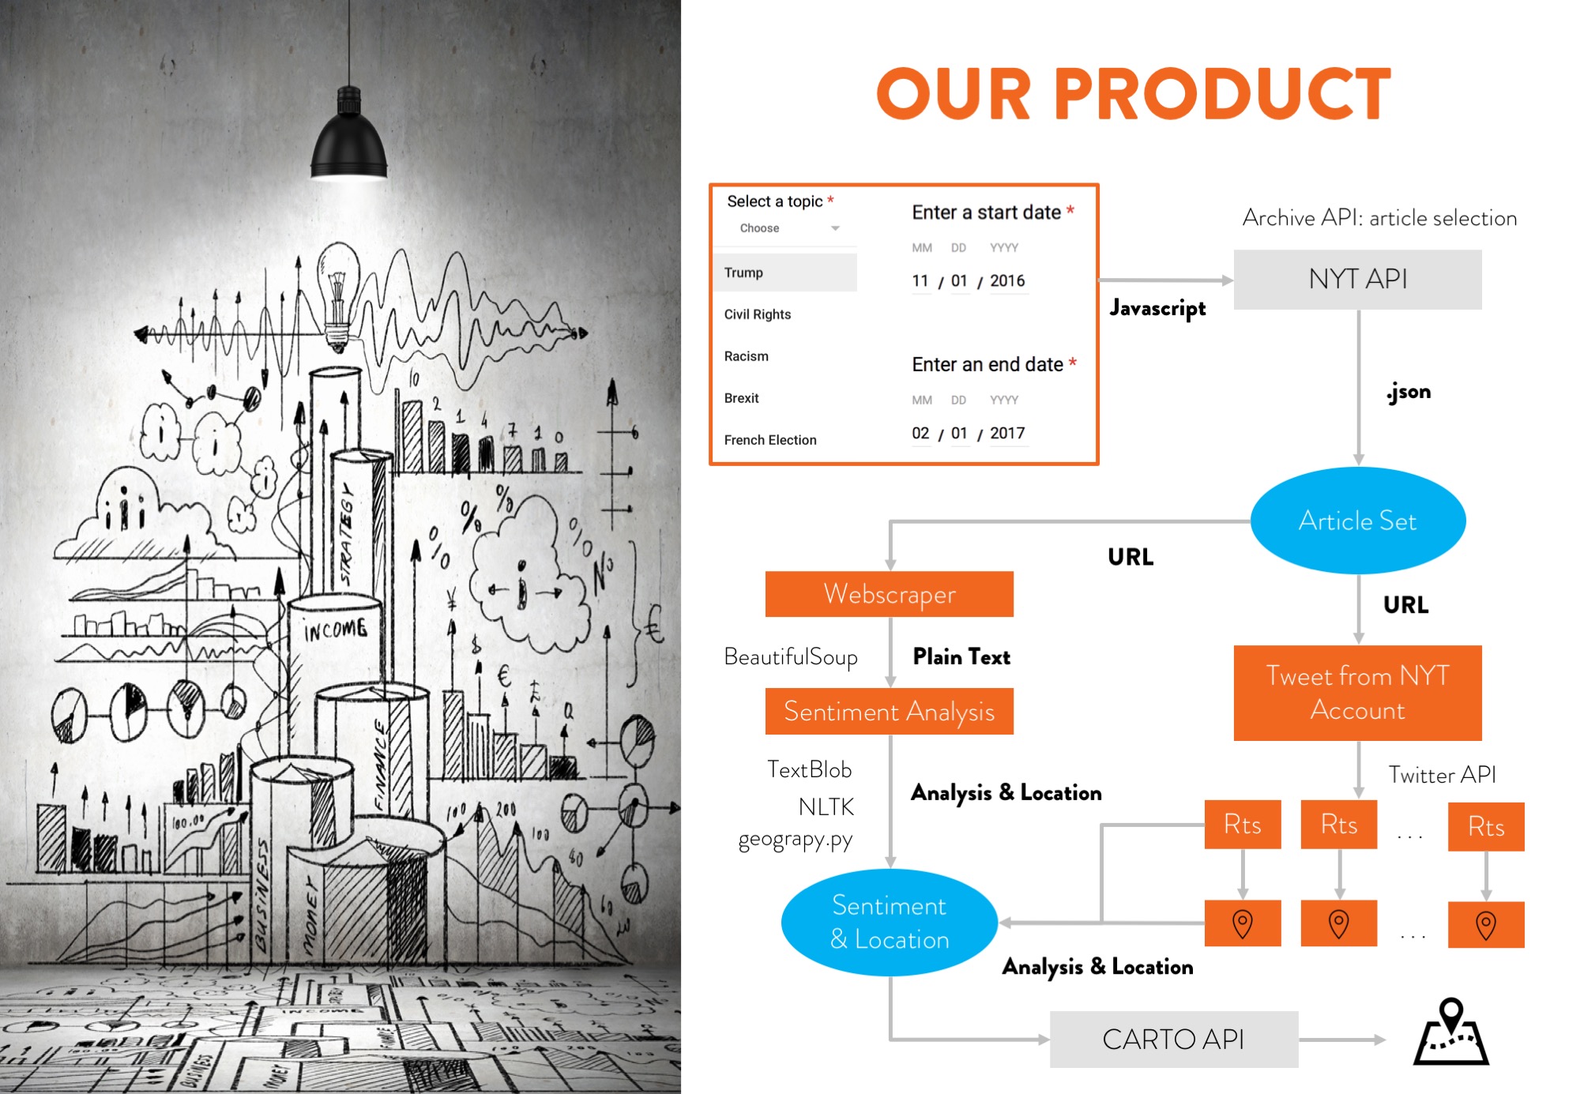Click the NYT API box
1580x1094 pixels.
click(1357, 279)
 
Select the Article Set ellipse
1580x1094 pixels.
click(1357, 521)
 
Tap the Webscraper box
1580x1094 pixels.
click(889, 594)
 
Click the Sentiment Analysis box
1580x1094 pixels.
click(889, 711)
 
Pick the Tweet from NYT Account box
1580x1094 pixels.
click(1357, 693)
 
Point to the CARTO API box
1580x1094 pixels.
click(1173, 1039)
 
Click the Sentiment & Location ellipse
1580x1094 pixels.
click(889, 922)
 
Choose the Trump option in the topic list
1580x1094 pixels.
click(743, 273)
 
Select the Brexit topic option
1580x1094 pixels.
click(741, 398)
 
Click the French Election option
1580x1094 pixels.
click(770, 440)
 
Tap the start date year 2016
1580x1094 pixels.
click(1007, 280)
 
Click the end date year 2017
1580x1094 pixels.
click(1007, 433)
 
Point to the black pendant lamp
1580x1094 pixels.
click(348, 138)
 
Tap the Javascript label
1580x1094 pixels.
click(1157, 308)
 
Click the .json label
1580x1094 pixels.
click(1409, 392)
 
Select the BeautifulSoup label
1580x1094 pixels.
click(791, 656)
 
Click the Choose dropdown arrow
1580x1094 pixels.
click(835, 228)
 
